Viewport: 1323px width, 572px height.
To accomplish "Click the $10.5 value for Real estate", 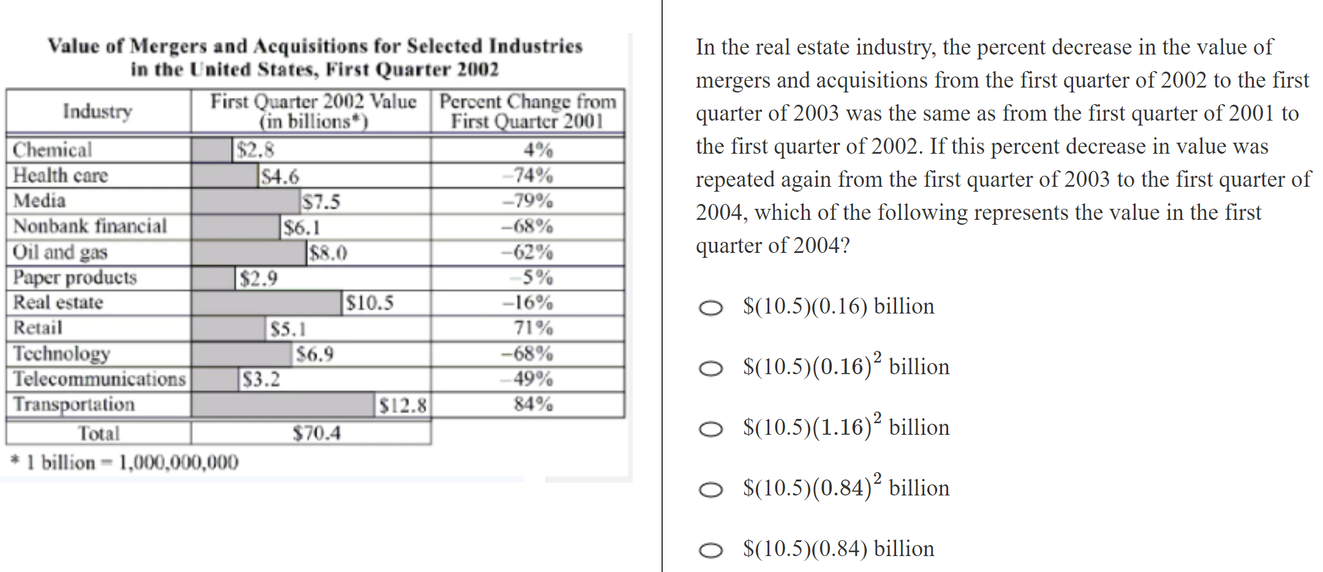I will (369, 303).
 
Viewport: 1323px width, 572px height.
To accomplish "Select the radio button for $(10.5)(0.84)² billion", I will (710, 489).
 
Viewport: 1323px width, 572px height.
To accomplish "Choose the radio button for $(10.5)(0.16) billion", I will (710, 307).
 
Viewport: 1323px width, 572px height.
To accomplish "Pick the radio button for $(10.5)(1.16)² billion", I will (710, 429).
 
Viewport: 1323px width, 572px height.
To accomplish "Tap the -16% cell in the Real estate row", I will (527, 303).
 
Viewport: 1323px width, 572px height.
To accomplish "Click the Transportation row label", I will (74, 404).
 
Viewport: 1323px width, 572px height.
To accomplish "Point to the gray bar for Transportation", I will (282, 405).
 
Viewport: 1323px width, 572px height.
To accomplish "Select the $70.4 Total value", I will (316, 433).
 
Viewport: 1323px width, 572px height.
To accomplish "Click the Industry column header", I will (97, 111).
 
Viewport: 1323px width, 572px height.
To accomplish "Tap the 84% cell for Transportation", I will (533, 404).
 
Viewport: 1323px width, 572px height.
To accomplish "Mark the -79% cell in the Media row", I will (527, 201).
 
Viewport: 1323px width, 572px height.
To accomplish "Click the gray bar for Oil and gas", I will (249, 252).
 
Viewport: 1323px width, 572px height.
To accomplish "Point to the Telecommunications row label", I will (99, 379).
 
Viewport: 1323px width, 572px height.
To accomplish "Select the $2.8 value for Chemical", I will (255, 150).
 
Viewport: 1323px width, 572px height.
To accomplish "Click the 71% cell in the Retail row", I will (533, 328).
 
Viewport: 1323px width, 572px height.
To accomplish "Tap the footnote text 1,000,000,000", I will (178, 462).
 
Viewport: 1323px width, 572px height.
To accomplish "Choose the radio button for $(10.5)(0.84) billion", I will (710, 550).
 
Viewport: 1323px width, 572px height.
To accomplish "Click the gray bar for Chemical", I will (212, 150).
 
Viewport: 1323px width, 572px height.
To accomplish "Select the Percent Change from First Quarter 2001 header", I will (527, 111).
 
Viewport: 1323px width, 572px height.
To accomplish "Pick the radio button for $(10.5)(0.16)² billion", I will (710, 368).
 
